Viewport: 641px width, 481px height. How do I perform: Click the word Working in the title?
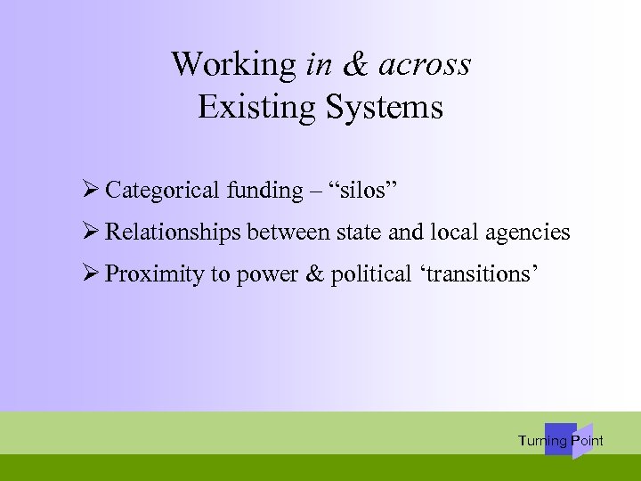tap(233, 65)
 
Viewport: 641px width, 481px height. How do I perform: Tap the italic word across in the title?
tap(425, 65)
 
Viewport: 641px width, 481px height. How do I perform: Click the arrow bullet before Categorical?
tap(88, 190)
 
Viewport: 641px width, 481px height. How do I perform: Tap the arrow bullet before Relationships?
tap(88, 232)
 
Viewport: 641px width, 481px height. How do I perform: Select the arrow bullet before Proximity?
tap(88, 273)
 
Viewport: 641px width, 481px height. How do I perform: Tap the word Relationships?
tap(173, 232)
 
